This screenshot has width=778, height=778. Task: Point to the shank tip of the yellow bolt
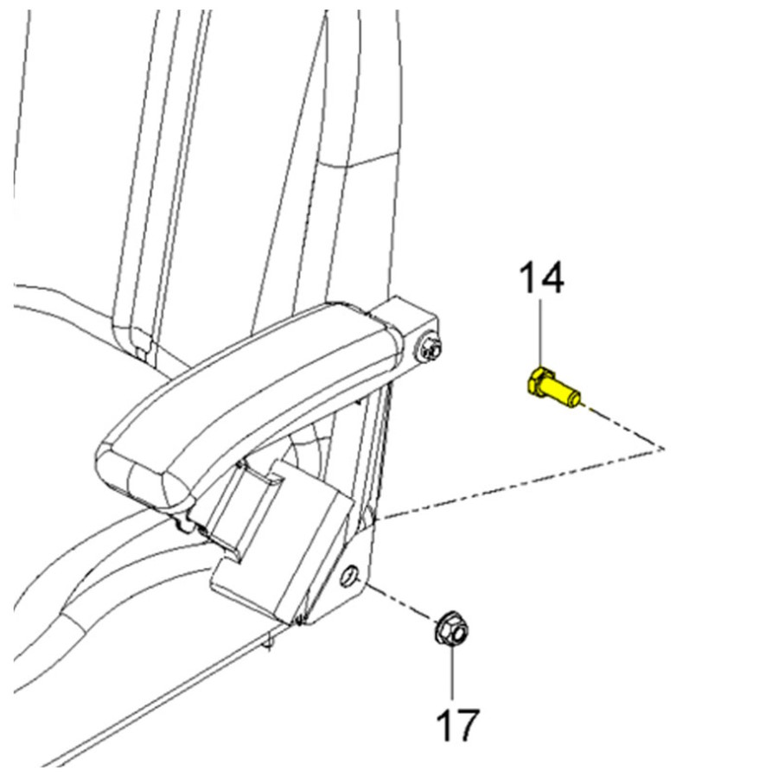click(x=576, y=398)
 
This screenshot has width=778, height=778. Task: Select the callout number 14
click(x=541, y=278)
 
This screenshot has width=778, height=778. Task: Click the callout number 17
click(x=458, y=725)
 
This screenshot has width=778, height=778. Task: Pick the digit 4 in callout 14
click(x=552, y=278)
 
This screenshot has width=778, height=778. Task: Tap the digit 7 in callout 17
click(x=468, y=725)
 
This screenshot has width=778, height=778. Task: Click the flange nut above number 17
click(x=452, y=628)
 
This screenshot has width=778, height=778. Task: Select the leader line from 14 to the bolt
click(x=541, y=333)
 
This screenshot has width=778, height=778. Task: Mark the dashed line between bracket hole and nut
click(x=402, y=604)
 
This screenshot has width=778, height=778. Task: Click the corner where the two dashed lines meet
click(x=663, y=448)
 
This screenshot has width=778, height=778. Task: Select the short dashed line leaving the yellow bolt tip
click(x=623, y=427)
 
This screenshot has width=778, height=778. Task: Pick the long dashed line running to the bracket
click(x=520, y=483)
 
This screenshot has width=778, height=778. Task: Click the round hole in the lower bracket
click(x=349, y=576)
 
